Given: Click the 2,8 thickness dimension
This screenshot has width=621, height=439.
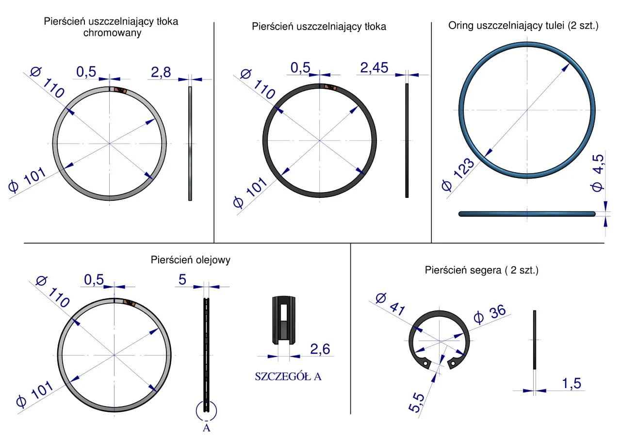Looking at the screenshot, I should pos(161,73).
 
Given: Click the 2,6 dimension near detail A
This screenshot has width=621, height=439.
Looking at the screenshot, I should pos(320,349).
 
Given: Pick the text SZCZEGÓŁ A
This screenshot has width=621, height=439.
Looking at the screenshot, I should pos(288,376).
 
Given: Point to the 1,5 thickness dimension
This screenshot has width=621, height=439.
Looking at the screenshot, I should pos(572,383).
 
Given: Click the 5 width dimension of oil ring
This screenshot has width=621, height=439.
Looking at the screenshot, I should pos(182,279).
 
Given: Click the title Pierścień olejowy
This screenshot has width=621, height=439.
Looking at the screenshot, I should pos(191,260).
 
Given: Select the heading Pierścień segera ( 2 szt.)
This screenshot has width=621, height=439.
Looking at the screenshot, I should pos(481,270).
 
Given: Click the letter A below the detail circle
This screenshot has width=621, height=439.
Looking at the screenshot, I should pos(206,428).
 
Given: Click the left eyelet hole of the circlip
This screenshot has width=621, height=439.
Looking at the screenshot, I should pos(425,363).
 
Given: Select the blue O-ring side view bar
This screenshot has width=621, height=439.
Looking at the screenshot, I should pos(527,213).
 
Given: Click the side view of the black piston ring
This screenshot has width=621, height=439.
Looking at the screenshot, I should pos(407,140).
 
